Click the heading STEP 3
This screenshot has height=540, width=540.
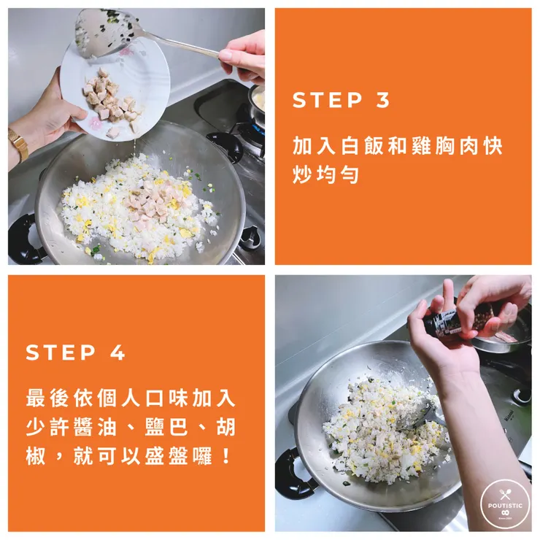(341, 100)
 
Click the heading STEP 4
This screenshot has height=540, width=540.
(75, 352)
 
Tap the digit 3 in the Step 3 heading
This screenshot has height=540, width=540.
(382, 100)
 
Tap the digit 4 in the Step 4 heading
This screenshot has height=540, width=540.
(117, 352)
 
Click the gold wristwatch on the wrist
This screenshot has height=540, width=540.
(18, 144)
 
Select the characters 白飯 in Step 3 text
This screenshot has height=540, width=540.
(363, 146)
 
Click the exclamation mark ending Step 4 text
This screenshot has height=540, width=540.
(226, 457)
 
